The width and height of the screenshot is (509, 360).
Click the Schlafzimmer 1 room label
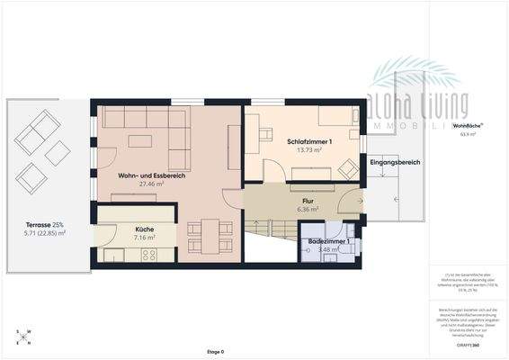[309, 142]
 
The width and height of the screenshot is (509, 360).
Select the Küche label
[144, 229]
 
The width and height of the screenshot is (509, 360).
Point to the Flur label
[308, 200]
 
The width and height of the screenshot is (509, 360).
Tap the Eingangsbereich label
[396, 162]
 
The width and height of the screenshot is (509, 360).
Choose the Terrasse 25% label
[45, 224]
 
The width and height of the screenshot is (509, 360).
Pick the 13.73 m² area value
[309, 150]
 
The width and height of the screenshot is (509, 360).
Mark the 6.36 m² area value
[308, 209]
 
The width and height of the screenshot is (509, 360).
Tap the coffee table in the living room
[139, 140]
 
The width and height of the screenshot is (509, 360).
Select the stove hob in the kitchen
[135, 255]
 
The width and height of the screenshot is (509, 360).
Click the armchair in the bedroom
[348, 166]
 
